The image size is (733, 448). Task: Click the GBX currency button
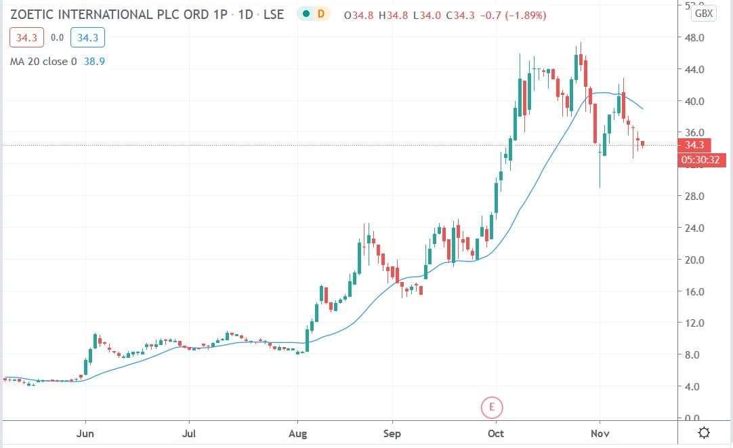pyautogui.click(x=704, y=14)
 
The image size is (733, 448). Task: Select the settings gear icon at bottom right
pyautogui.click(x=705, y=432)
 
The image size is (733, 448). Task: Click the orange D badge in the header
pyautogui.click(x=320, y=14)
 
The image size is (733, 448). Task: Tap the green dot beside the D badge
pyautogui.click(x=307, y=14)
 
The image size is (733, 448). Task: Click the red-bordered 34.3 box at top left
pyautogui.click(x=26, y=38)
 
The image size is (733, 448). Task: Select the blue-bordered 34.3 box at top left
pyautogui.click(x=87, y=38)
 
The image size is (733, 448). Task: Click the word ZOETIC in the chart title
pyautogui.click(x=34, y=14)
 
